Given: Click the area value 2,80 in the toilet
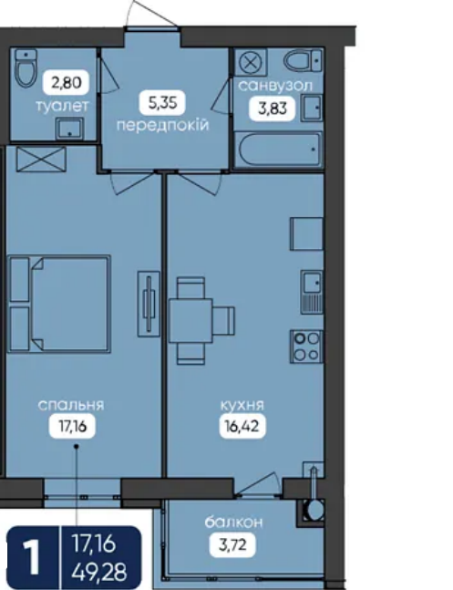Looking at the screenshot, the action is click(67, 82).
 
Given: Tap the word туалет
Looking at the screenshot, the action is click(63, 106).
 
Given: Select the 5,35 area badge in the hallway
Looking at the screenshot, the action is click(162, 102).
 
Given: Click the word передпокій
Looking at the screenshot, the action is click(162, 125).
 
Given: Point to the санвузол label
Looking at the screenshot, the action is click(275, 86).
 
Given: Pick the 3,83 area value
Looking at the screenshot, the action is click(272, 109).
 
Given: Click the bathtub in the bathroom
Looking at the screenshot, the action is click(279, 149).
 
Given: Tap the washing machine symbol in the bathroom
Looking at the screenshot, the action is click(251, 62).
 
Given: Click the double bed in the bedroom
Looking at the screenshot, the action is click(59, 304).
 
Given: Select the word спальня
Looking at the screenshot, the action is click(71, 405).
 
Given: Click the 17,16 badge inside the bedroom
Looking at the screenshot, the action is click(72, 427).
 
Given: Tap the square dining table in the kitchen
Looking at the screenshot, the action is click(190, 321).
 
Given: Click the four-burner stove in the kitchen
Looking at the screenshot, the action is click(306, 347).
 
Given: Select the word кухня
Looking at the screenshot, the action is click(242, 405).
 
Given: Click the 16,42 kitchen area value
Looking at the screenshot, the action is click(242, 427).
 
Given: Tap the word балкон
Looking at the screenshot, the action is click(233, 523).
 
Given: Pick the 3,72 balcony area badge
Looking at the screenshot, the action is click(232, 545).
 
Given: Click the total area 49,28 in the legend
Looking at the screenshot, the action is click(99, 572).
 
